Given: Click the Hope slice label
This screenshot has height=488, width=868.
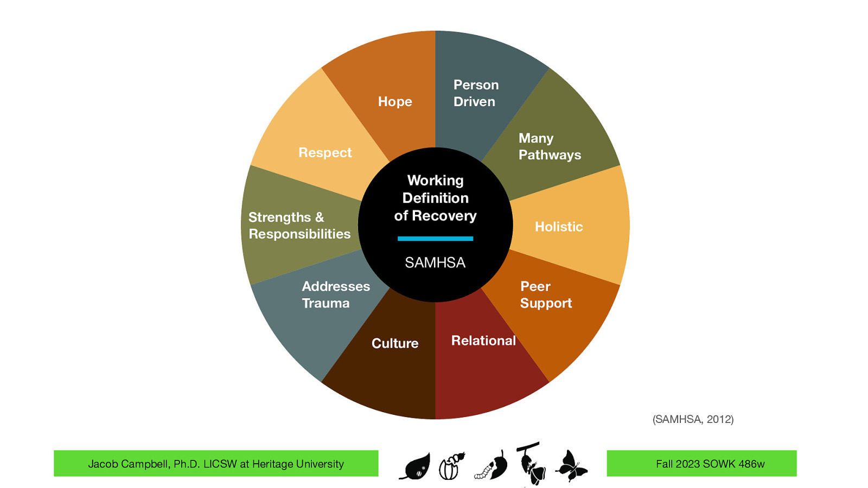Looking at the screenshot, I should pos(395,102).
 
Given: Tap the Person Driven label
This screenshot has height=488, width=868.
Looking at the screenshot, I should pos(475,93).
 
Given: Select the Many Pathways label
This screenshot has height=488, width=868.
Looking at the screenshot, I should pos(548,146).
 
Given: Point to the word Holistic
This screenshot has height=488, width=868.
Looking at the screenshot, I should pos(559,227).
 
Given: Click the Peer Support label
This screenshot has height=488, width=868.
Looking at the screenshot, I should pos(545,294).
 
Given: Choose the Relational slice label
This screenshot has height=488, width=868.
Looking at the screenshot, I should pos(483,341).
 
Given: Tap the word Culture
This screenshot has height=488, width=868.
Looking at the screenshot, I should pos(395,343).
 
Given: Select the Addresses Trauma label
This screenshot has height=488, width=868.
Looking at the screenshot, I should pos(335,294).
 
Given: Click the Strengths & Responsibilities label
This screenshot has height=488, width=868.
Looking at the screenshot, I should pos(299,226).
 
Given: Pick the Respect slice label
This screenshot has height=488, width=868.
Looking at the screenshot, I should pos(325,153).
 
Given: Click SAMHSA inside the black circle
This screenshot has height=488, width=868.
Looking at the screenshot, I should pos(435,263).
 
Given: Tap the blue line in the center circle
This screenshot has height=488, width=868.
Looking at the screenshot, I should pos(435,239).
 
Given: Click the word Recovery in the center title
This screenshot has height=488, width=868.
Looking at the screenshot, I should pos(444,216).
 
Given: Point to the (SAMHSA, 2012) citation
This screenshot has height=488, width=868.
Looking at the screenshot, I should pos(693,419).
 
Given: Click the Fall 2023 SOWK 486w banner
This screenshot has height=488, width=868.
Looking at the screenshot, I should pos(701,464).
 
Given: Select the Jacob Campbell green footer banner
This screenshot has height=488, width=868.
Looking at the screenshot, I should pos(216,464).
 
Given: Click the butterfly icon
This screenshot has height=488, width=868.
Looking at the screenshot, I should pos(571,466).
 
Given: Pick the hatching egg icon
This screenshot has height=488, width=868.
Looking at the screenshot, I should pos(451,466).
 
